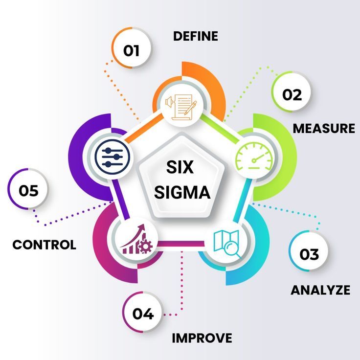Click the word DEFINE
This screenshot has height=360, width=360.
pyautogui.click(x=195, y=36)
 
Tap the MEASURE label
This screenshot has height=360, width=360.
pyautogui.click(x=324, y=128)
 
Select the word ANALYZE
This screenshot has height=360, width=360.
pyautogui.click(x=320, y=290)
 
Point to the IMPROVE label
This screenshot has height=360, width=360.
pyautogui.click(x=202, y=338)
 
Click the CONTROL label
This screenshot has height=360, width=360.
pyautogui.click(x=45, y=245)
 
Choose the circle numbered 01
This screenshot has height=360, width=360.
pyautogui.click(x=132, y=48)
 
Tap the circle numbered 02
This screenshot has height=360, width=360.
pyautogui.click(x=292, y=92)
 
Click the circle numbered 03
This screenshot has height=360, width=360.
pyautogui.click(x=309, y=251)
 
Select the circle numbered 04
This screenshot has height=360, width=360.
pyautogui.click(x=142, y=312)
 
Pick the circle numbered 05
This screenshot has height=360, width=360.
pyautogui.click(x=28, y=189)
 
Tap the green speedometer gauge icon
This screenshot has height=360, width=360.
pyautogui.click(x=254, y=157)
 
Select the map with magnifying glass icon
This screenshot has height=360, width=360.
pyautogui.click(x=227, y=244)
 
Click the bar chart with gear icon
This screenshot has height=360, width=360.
pyautogui.click(x=136, y=239)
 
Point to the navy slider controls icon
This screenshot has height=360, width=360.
pyautogui.click(x=112, y=157)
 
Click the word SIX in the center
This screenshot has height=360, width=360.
pyautogui.click(x=180, y=167)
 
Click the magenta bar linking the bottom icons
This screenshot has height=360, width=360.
pyautogui.click(x=181, y=244)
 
